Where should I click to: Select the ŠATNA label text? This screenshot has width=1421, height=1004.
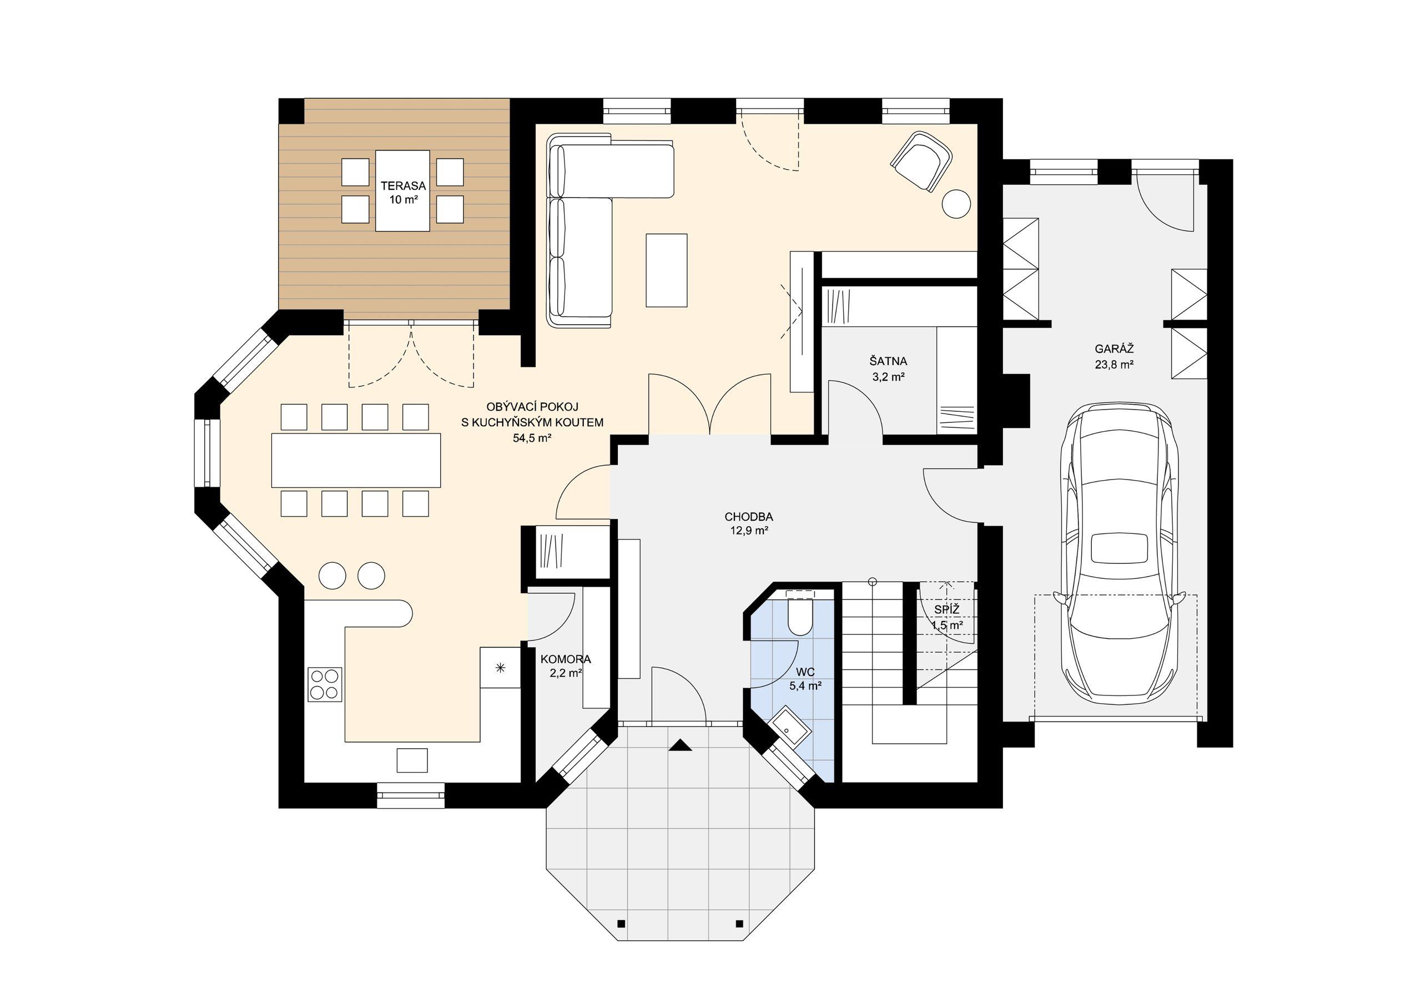(888, 361)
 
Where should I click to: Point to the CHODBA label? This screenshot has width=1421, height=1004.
(749, 517)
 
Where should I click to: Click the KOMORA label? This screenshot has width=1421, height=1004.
(566, 660)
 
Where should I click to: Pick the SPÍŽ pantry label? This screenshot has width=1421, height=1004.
(947, 611)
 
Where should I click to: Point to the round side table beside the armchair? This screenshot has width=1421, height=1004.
(956, 203)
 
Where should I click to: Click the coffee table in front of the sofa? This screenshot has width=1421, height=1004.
(667, 270)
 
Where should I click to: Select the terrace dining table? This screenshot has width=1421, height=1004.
(402, 191)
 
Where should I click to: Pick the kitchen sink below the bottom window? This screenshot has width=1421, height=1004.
(411, 760)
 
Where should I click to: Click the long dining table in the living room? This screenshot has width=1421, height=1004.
(356, 460)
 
